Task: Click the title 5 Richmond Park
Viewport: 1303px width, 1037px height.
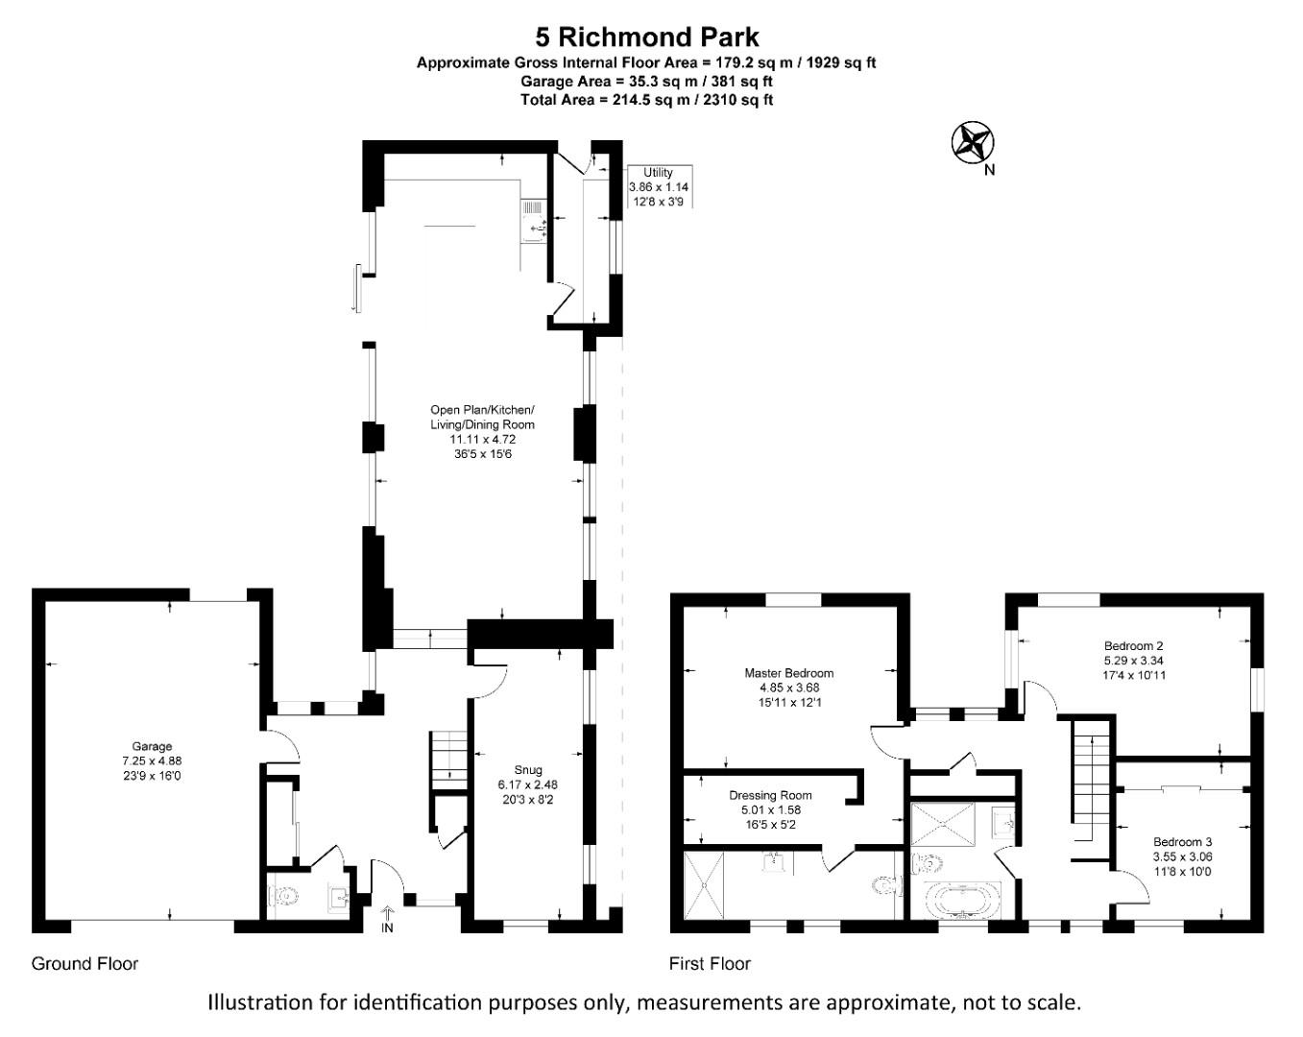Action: [646, 36]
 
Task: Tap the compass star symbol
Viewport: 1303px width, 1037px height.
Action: [972, 143]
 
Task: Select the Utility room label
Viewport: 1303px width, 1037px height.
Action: [658, 187]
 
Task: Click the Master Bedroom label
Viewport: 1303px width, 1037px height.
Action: [788, 687]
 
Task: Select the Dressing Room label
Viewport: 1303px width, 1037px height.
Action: [770, 809]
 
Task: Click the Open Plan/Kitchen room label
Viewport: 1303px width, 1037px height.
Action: [482, 432]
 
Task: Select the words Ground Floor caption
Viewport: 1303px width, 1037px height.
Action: [84, 963]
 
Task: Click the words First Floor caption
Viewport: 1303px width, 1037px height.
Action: [710, 963]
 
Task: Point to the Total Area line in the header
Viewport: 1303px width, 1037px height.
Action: [646, 99]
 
